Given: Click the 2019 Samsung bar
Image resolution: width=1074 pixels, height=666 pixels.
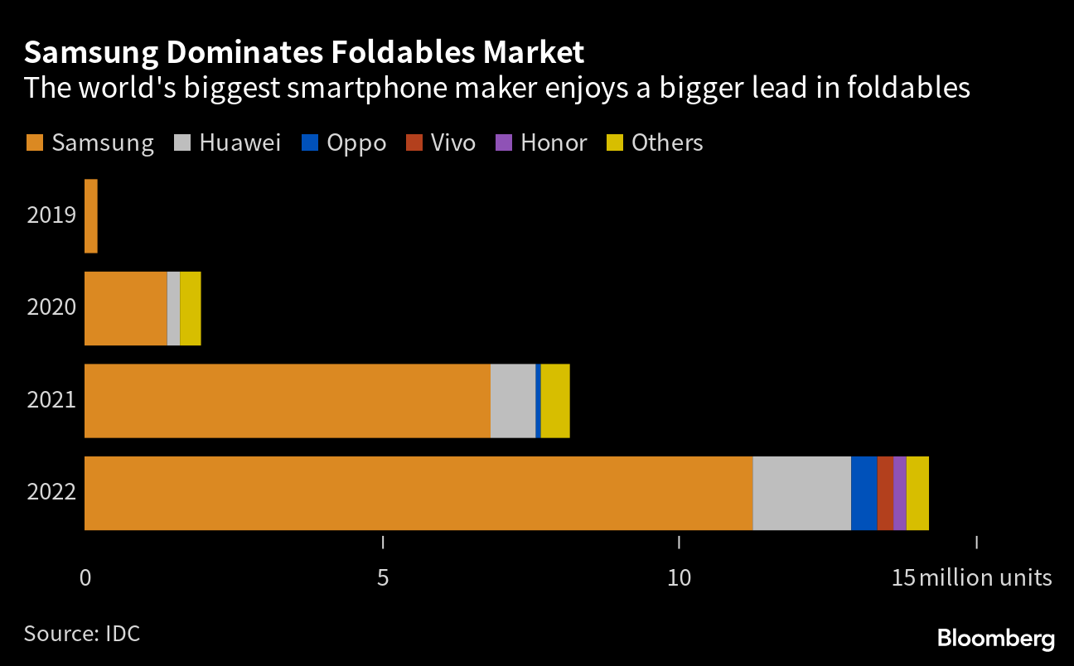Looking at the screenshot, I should (x=91, y=216).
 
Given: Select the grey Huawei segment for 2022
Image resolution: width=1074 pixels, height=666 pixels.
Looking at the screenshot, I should (x=801, y=493).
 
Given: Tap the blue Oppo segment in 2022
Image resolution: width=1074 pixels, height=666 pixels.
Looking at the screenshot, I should (x=864, y=493).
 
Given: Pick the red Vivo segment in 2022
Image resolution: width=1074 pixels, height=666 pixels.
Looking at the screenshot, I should (x=885, y=493).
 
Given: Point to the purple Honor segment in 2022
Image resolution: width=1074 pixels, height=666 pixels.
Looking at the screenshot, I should (x=899, y=493).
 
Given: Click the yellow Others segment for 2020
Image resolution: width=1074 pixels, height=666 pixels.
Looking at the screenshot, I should (x=190, y=308).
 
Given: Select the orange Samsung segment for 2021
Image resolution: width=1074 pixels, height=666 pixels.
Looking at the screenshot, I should (x=288, y=401).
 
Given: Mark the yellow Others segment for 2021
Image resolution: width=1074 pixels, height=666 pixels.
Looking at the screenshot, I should (x=554, y=401).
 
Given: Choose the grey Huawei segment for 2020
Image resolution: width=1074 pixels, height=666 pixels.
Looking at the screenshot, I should (x=173, y=308).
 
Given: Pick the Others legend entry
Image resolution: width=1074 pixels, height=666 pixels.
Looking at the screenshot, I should (x=656, y=142).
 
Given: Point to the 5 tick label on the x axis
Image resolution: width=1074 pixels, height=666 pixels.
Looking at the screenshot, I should (x=382, y=577).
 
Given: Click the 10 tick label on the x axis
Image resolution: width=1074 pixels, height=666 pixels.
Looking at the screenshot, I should (x=679, y=577).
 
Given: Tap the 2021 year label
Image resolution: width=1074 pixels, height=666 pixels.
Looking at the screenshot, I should (x=51, y=401).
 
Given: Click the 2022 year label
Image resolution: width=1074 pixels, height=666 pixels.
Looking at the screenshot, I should (x=51, y=493).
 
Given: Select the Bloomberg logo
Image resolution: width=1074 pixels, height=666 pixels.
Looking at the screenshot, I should (x=995, y=639).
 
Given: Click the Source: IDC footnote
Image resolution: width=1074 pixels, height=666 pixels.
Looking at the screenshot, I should (x=81, y=634).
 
